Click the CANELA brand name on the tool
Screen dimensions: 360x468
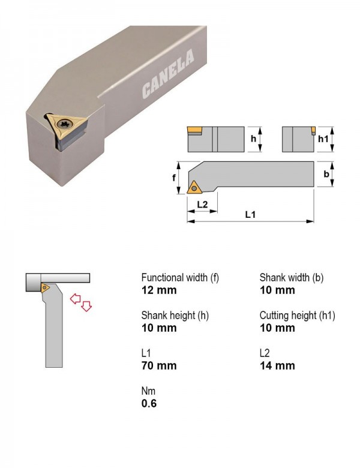pos(168,73)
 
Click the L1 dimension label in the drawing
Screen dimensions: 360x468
pos(250,214)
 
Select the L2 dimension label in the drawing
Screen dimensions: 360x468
pos(202,205)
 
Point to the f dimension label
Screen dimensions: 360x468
pos(174,178)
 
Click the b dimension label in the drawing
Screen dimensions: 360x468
pos(326,174)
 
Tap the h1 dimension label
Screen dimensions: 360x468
pos(323,139)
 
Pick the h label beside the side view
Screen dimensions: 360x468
pos(253,139)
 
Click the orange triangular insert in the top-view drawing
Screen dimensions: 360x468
pos(193,188)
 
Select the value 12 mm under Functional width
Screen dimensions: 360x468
pos(159,290)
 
